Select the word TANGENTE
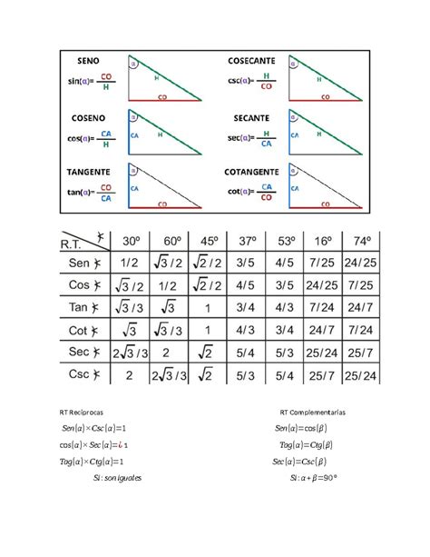point(89,171)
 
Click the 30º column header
point(131,241)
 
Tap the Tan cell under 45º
point(210,308)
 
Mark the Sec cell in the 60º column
point(170,353)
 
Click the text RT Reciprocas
point(79,412)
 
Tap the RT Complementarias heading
point(314,412)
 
